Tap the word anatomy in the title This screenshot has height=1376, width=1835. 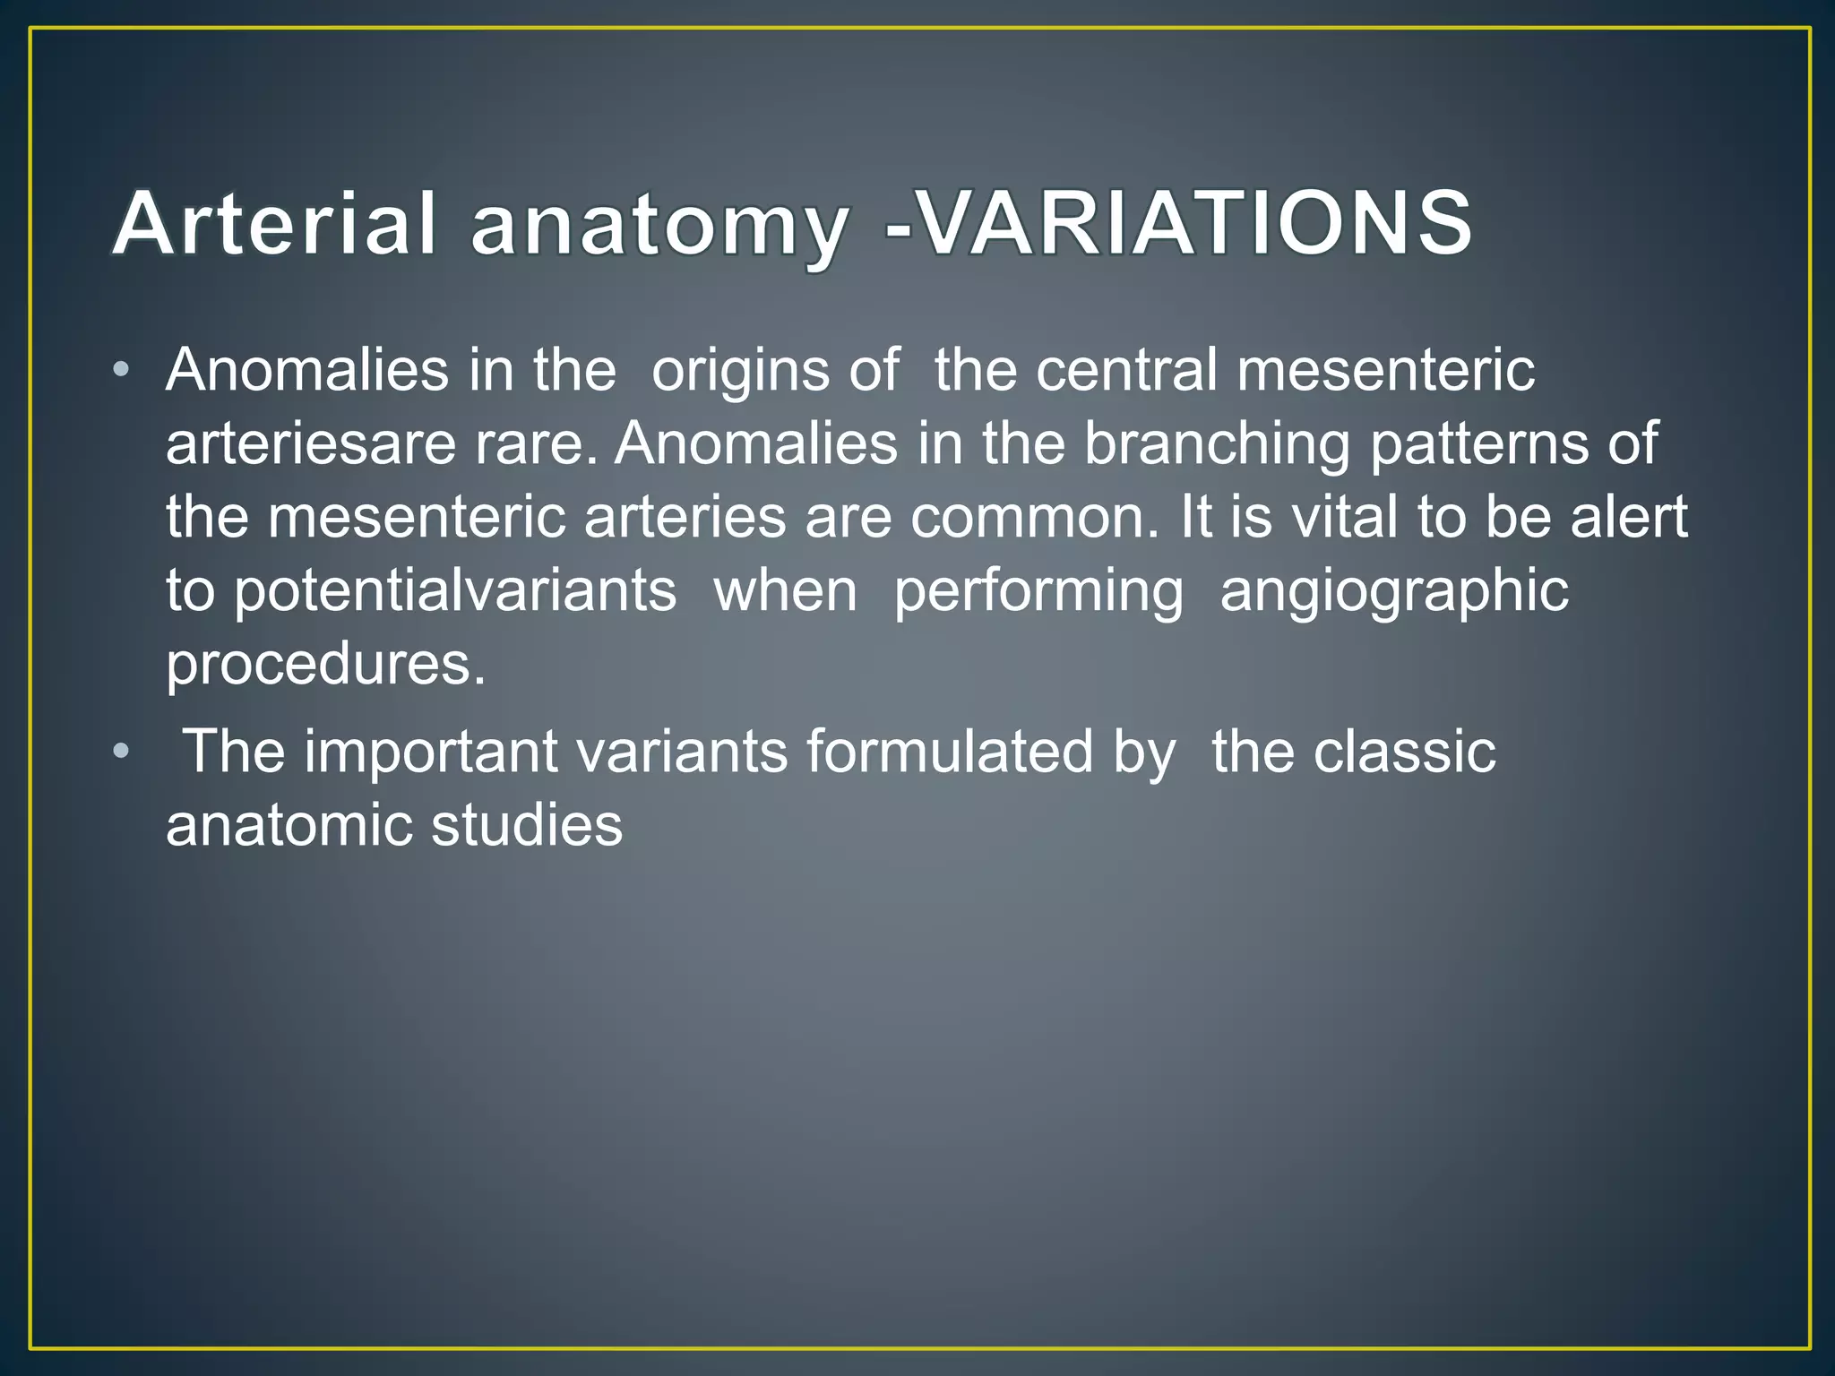[x=659, y=228]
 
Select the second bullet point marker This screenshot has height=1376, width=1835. [x=122, y=751]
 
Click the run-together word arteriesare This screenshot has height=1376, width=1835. [x=311, y=444]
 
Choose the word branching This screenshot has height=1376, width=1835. [x=1216, y=445]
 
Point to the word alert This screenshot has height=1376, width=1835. [x=1628, y=518]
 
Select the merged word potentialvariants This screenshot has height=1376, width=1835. [x=455, y=592]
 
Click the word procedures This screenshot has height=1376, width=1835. [x=325, y=666]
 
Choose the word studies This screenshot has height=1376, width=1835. [x=526, y=825]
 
